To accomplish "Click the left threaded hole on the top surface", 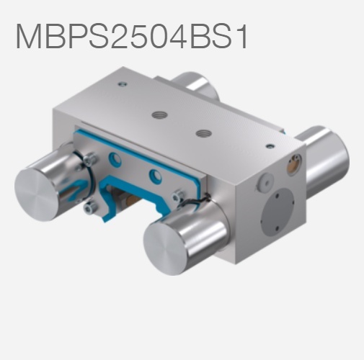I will [158, 114].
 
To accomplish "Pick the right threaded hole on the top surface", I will [205, 133].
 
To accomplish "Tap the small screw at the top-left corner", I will [123, 84].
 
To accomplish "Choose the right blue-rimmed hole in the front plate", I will [154, 175].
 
